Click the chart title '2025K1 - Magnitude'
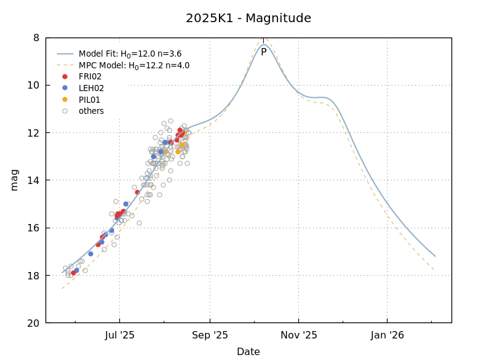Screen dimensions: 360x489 248,18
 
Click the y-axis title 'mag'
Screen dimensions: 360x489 14,180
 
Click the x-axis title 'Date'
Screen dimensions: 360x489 248,352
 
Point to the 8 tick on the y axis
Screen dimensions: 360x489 36,38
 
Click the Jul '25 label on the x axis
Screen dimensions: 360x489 119,335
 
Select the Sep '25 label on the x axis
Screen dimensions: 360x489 210,335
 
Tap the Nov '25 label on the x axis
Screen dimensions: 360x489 299,335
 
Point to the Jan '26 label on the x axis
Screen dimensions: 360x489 388,335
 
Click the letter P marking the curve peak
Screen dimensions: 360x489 264,52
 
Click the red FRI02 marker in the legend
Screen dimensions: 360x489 65,77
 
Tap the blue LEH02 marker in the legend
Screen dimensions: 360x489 65,88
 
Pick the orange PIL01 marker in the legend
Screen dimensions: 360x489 65,100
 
